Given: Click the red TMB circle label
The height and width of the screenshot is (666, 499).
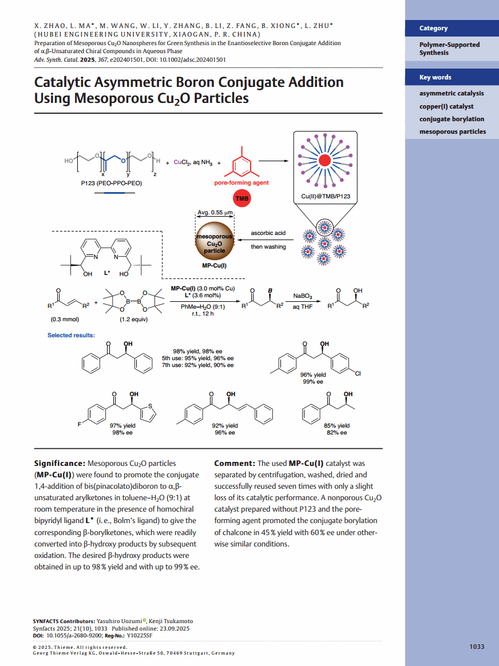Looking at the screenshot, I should (x=241, y=198).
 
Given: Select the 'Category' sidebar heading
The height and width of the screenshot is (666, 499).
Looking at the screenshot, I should (x=433, y=28).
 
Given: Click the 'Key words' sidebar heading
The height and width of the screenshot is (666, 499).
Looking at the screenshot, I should (x=435, y=77).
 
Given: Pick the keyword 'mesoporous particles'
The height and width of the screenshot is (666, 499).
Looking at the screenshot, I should (x=453, y=131).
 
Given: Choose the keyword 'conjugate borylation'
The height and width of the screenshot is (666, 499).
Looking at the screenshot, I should (x=452, y=119).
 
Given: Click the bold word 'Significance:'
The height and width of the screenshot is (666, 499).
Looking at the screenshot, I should (x=60, y=463).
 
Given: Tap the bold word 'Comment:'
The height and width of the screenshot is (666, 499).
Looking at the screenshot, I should (x=234, y=463).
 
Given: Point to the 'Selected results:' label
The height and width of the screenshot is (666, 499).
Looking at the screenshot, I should (x=71, y=335).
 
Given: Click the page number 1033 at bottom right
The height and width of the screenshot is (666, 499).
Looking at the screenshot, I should (x=477, y=647).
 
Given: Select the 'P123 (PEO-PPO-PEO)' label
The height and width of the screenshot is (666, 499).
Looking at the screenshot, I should (x=112, y=184).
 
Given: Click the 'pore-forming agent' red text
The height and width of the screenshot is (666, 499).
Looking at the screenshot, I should (x=241, y=183).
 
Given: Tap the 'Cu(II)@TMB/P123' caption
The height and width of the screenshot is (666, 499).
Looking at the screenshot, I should (x=326, y=196).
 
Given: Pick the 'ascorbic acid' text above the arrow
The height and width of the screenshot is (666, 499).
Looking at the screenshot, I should (x=268, y=233).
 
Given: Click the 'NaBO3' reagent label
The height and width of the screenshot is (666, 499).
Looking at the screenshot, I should (x=303, y=296).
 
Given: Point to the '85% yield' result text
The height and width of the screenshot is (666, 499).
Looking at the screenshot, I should (x=336, y=425).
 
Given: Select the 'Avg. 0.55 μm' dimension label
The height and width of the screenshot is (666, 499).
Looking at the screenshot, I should (x=215, y=213).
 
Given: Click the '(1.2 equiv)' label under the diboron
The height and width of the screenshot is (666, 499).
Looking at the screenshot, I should (x=133, y=319).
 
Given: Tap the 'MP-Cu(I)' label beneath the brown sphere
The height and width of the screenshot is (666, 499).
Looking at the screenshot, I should (x=215, y=265).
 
